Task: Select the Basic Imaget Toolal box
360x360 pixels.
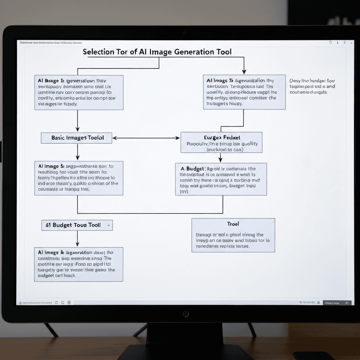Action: coord(77,138)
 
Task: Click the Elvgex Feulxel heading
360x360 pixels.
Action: coord(222,137)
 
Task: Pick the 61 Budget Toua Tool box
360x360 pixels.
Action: coord(77,225)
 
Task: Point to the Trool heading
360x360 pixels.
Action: coord(233,224)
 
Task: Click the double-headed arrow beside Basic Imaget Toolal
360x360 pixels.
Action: coord(146,138)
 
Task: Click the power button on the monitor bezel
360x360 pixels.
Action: coord(186,314)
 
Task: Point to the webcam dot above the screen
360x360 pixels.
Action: coord(184,33)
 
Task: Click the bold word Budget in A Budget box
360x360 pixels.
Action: coord(195,169)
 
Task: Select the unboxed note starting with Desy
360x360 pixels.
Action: coord(312,86)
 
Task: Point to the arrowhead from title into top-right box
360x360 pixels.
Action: coord(244,71)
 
